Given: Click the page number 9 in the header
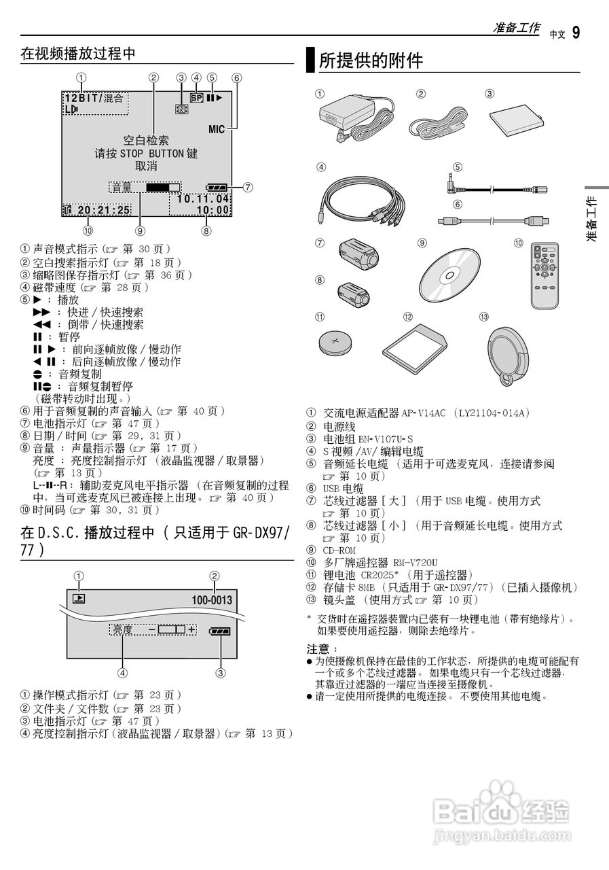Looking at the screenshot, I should [x=576, y=32].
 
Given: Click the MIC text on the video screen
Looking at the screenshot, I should [x=217, y=128].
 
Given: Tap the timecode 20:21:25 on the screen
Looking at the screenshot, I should [x=103, y=211].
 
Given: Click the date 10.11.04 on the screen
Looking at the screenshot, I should [x=203, y=199].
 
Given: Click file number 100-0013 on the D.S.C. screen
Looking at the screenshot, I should [x=212, y=600].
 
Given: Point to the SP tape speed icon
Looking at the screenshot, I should [x=197, y=97].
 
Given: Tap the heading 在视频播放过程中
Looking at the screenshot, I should [x=78, y=54].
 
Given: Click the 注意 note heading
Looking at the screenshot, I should [x=319, y=648].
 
